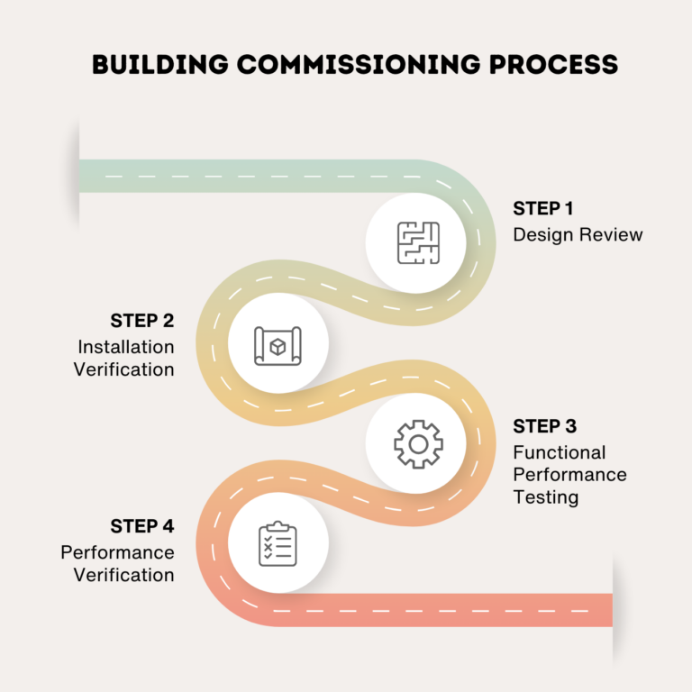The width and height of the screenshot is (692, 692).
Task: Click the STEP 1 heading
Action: click(x=543, y=208)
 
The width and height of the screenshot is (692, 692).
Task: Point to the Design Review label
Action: click(x=578, y=235)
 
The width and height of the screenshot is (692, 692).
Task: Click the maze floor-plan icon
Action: click(x=417, y=241)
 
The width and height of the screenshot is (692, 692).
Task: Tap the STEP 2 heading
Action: click(x=142, y=320)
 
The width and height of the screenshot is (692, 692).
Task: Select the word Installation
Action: click(x=126, y=346)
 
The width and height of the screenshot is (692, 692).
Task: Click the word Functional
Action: click(x=560, y=451)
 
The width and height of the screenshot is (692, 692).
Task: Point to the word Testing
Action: click(x=546, y=496)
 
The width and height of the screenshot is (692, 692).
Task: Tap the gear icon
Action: click(x=417, y=443)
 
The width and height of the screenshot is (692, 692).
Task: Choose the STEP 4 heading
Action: click(x=142, y=525)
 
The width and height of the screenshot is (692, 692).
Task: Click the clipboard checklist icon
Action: click(x=278, y=543)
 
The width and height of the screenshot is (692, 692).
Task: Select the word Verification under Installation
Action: click(x=124, y=369)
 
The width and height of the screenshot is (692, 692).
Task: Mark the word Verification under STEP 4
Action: click(x=124, y=574)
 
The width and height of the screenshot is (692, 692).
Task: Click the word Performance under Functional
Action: click(x=570, y=474)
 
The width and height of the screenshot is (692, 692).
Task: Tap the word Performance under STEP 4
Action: click(x=118, y=551)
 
